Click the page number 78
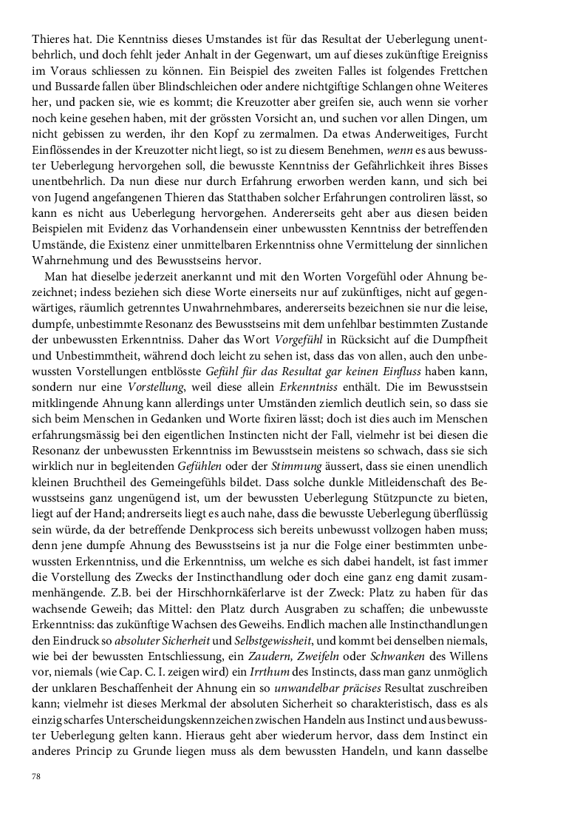tap(35, 776)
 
